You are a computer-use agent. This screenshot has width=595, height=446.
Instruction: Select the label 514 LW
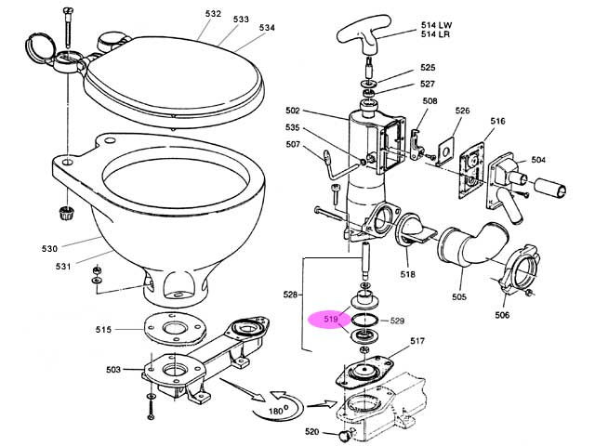click(x=437, y=23)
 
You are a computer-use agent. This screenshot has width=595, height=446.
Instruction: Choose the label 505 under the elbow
click(x=459, y=297)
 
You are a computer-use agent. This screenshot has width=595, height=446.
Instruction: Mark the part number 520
click(x=312, y=433)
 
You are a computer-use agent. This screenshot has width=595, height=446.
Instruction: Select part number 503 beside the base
click(x=113, y=370)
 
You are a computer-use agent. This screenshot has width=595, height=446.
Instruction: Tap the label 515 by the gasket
click(x=104, y=329)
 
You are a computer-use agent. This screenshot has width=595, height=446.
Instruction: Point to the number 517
click(x=417, y=341)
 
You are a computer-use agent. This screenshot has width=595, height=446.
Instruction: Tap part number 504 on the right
click(x=539, y=160)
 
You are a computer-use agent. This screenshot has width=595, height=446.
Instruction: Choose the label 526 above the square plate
click(x=463, y=111)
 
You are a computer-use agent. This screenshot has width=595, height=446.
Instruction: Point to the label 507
click(x=294, y=145)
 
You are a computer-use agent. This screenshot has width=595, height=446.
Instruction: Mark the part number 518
click(x=407, y=275)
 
